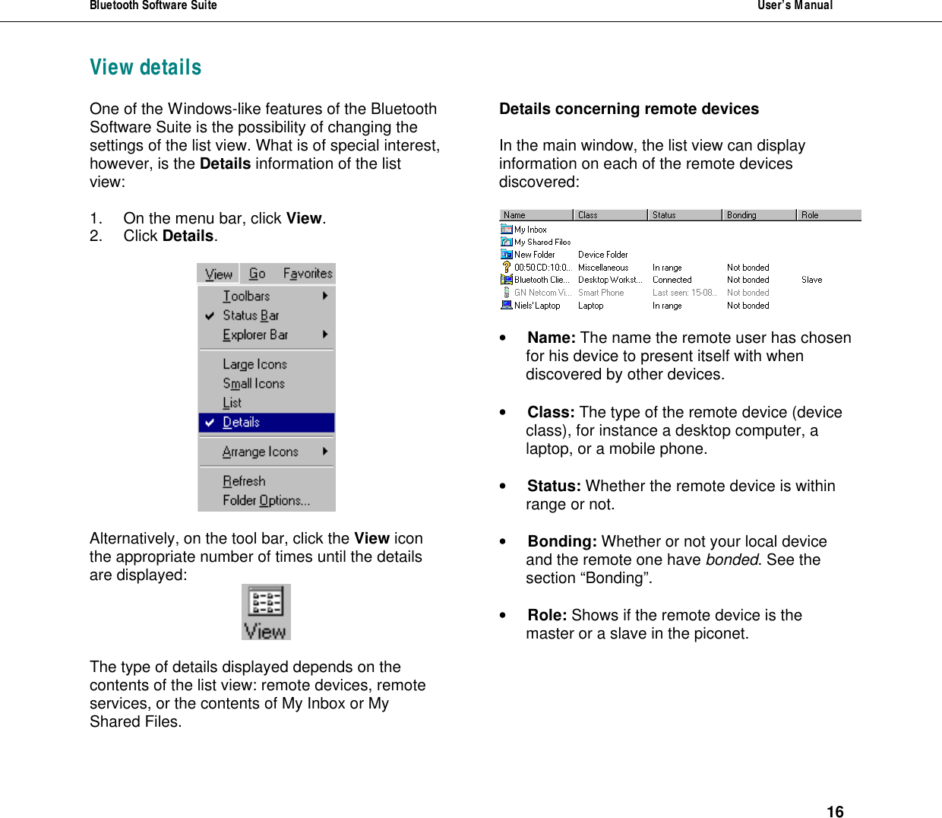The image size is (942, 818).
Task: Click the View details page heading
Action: pyautogui.click(x=146, y=68)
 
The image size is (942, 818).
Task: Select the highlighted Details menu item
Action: pyautogui.click(x=242, y=423)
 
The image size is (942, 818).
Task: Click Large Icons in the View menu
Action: pyautogui.click(x=254, y=364)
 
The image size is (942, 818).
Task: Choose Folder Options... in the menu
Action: pyautogui.click(x=266, y=500)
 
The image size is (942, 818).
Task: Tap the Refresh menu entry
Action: pyautogui.click(x=244, y=481)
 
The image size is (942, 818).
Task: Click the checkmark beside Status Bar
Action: pyautogui.click(x=210, y=315)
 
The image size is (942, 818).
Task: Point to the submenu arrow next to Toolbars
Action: pyautogui.click(x=325, y=296)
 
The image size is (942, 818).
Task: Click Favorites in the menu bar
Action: pyautogui.click(x=308, y=274)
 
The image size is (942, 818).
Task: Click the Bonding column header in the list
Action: pyautogui.click(x=741, y=215)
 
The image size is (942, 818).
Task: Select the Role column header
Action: pyautogui.click(x=810, y=215)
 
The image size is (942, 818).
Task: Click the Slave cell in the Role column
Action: pyautogui.click(x=811, y=280)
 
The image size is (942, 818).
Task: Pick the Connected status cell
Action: pyautogui.click(x=672, y=280)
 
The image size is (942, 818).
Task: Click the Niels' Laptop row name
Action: pyautogui.click(x=537, y=306)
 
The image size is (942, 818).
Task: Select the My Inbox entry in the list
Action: pyautogui.click(x=530, y=230)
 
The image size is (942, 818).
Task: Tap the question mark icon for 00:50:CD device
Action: pyautogui.click(x=507, y=267)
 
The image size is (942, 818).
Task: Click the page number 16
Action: pyautogui.click(x=835, y=812)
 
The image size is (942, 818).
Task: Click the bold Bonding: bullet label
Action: pyautogui.click(x=562, y=541)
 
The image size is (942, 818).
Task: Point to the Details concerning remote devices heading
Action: pyautogui.click(x=628, y=109)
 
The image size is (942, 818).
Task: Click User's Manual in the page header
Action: pyautogui.click(x=795, y=5)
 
